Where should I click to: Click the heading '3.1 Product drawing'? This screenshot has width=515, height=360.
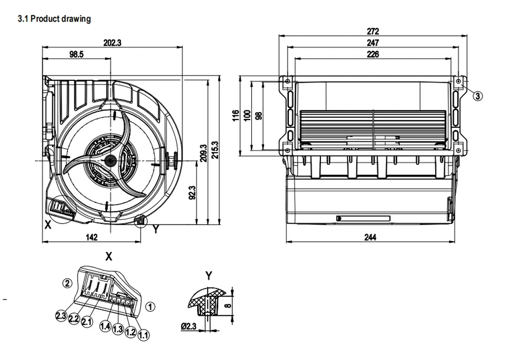click(x=54, y=19)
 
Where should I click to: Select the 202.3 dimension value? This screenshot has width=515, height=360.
click(x=112, y=43)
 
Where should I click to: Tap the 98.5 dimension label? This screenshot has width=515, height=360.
click(x=77, y=55)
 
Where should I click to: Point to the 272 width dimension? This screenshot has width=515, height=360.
click(x=373, y=31)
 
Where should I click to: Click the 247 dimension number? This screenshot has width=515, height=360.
click(x=373, y=43)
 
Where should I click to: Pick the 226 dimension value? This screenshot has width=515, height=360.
click(x=373, y=54)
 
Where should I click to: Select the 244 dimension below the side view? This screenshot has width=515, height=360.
click(x=370, y=237)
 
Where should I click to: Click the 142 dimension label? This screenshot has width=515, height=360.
click(x=92, y=237)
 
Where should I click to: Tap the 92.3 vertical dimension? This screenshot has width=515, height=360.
click(x=193, y=193)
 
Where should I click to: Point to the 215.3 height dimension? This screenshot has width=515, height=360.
click(x=215, y=150)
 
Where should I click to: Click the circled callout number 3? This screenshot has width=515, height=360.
click(x=478, y=96)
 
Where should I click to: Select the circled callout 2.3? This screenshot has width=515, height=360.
click(x=61, y=316)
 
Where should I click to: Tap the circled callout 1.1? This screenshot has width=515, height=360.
click(x=144, y=335)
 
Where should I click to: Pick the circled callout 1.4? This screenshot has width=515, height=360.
click(x=105, y=326)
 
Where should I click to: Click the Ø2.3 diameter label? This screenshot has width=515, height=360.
click(x=188, y=326)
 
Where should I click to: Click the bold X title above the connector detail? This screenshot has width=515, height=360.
click(x=109, y=256)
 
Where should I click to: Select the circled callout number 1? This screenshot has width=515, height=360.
click(x=150, y=307)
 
